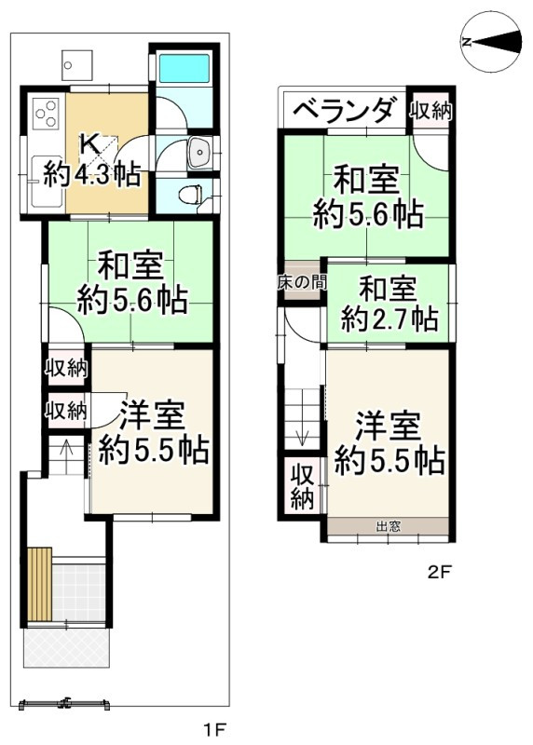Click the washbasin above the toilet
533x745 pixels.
coord(198,154)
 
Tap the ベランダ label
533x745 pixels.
coord(344,111)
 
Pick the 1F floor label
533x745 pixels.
coord(217,726)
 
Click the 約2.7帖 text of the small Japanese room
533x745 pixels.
coord(389,319)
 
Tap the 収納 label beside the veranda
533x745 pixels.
coord(431,110)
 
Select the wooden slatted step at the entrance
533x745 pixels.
coord(38,584)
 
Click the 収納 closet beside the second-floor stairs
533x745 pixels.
coord(301,485)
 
